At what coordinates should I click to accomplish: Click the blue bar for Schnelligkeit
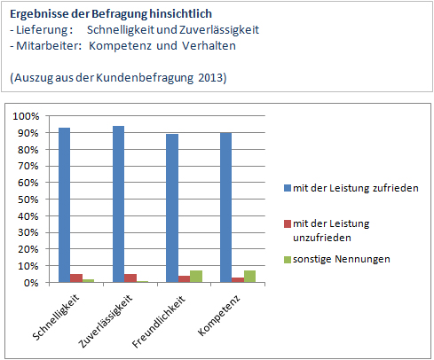tap(65, 205)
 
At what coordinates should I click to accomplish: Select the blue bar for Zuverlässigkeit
tap(118, 204)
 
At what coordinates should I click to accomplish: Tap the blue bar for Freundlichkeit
tap(172, 208)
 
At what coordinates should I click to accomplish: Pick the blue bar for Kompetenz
tap(226, 207)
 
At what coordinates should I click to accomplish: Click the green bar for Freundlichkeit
tap(196, 277)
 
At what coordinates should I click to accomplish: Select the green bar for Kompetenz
tap(249, 277)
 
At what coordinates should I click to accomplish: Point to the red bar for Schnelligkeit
tap(76, 278)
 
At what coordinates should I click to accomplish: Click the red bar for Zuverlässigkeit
tap(130, 278)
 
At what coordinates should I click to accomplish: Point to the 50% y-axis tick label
tap(28, 200)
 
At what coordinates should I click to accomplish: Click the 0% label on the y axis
tap(31, 283)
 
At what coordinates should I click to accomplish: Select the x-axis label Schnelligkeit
tap(56, 317)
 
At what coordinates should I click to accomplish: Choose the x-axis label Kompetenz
tap(218, 315)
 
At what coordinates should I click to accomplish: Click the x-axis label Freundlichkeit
tap(159, 321)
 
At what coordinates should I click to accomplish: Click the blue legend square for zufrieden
tap(288, 188)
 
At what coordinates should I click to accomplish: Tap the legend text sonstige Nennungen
tap(342, 259)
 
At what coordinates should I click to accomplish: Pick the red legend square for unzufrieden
tap(288, 223)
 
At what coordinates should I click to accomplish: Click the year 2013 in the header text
tap(210, 78)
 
